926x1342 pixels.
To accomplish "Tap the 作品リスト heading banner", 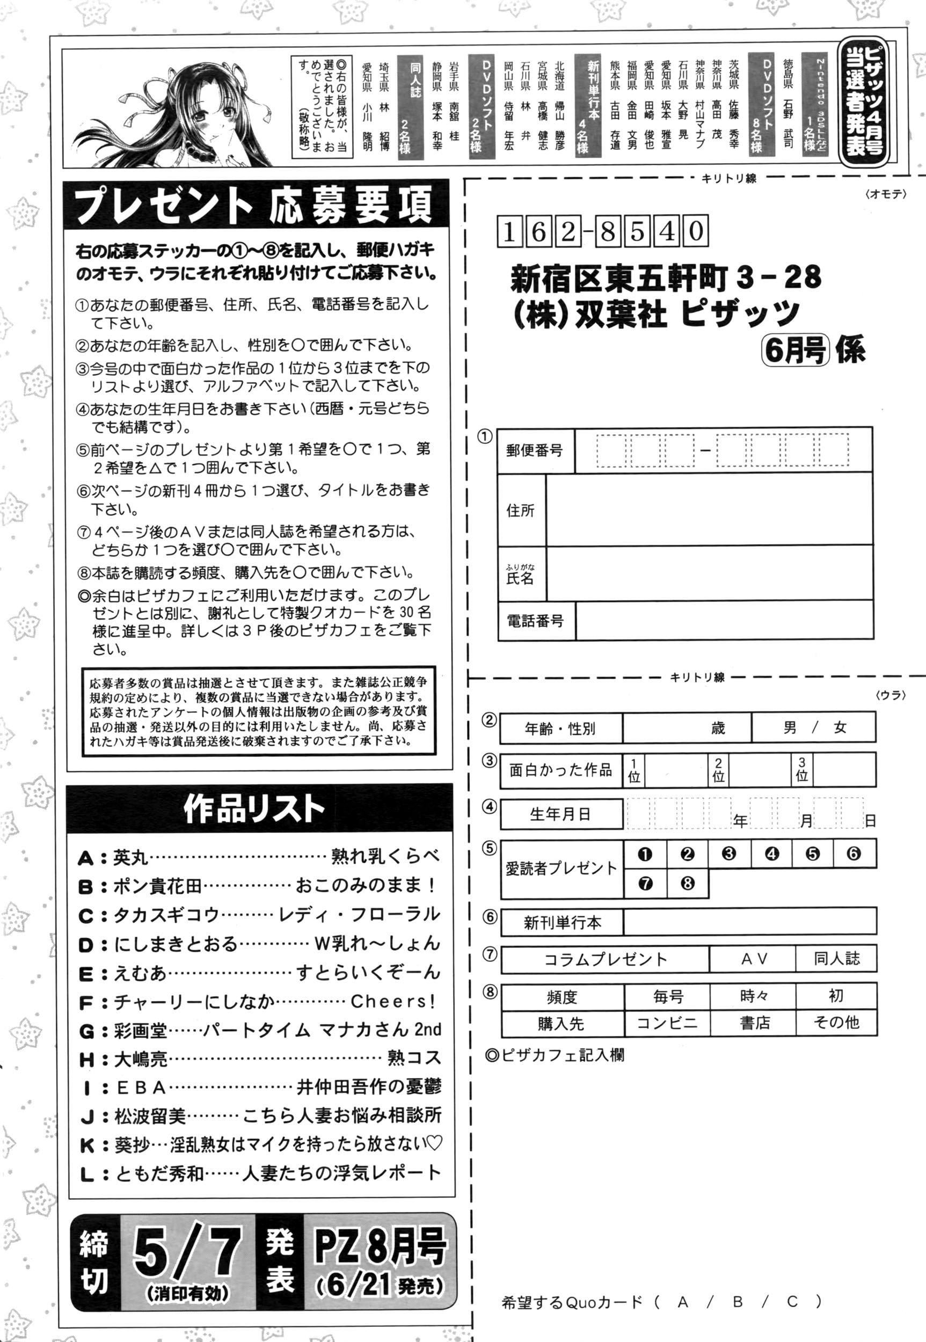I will pyautogui.click(x=256, y=808).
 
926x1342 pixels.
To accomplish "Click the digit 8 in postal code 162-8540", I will pyautogui.click(x=608, y=231).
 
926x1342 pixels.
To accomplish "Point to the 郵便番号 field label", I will pyautogui.click(x=534, y=451).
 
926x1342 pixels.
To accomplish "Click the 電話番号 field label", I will pyautogui.click(x=535, y=622).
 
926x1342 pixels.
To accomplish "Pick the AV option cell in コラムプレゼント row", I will pyautogui.click(x=754, y=960).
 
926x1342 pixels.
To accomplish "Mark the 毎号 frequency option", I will pyautogui.click(x=668, y=996).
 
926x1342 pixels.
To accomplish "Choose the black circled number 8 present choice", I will pyautogui.click(x=687, y=884).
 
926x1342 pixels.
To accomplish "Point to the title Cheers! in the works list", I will pyautogui.click(x=392, y=1002).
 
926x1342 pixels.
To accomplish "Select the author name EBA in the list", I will pyautogui.click(x=142, y=1088).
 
